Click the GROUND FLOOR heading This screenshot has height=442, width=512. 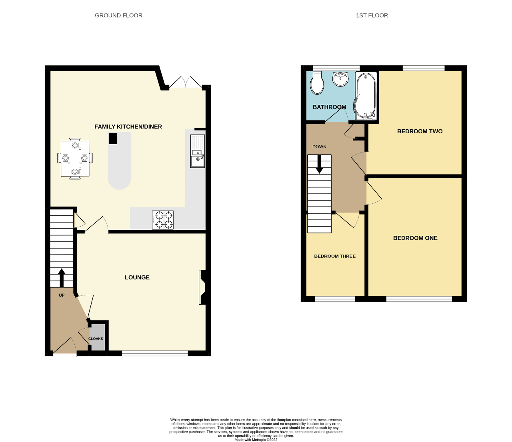click(118, 16)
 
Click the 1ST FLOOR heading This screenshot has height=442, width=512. click(372, 16)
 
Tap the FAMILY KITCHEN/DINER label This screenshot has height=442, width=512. click(128, 127)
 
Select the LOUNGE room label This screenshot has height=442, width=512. click(137, 277)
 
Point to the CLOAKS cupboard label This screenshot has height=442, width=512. click(96, 339)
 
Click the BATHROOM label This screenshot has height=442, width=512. click(329, 107)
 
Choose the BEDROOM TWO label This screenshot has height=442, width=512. click(420, 131)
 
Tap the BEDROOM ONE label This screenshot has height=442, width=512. click(415, 238)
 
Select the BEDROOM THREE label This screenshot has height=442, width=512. click(335, 256)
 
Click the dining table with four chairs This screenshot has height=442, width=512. click(75, 159)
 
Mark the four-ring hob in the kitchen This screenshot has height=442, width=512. click(163, 220)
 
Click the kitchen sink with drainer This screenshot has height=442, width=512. click(197, 151)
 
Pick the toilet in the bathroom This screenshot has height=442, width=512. click(317, 83)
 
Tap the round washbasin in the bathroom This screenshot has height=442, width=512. click(341, 79)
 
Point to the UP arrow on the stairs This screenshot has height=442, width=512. click(62, 277)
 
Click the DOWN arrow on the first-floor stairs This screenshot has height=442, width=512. click(319, 164)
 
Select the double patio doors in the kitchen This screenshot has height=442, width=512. click(185, 82)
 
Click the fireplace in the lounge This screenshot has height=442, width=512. click(202, 287)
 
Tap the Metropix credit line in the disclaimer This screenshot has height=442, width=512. click(256, 440)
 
